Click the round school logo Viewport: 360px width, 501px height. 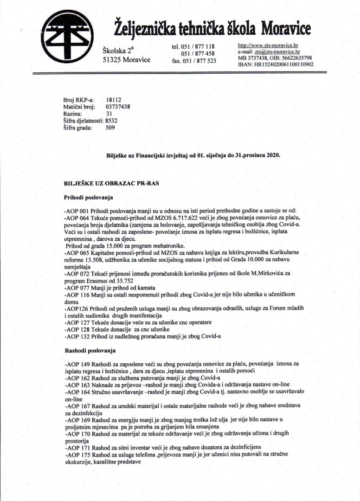[67, 36]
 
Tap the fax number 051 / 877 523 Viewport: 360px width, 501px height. [200, 61]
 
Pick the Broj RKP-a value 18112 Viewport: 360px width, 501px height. [114, 100]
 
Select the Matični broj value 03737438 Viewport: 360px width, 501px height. [118, 106]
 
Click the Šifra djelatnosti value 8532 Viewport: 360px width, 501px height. [112, 121]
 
